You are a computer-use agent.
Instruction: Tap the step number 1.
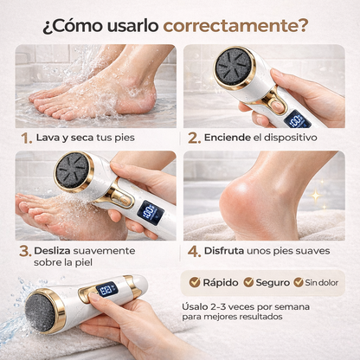click(27, 138)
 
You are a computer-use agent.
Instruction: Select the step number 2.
click(192, 138)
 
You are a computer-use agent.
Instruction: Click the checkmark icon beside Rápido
click(194, 282)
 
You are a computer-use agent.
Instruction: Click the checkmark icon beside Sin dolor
click(299, 282)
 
